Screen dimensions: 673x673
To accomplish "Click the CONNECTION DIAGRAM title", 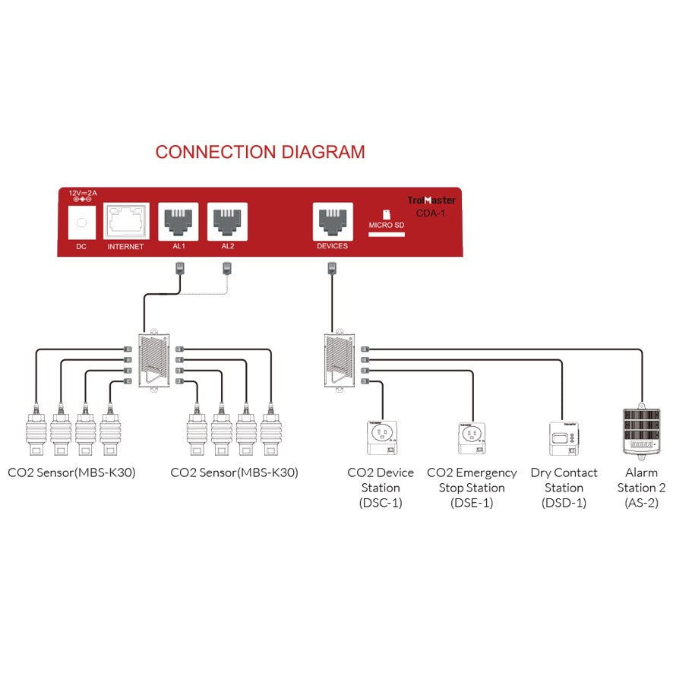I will point(260,152).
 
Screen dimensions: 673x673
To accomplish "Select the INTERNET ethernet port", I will point(125,222).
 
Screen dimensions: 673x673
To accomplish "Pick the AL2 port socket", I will point(228,221).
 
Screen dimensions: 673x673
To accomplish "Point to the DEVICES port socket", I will point(332,221).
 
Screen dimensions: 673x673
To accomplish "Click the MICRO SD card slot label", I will point(387,225).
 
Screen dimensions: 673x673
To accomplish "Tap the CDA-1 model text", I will point(431,213).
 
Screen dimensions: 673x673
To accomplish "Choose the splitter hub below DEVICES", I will point(337,360).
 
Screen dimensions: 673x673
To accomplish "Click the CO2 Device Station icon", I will point(381,439).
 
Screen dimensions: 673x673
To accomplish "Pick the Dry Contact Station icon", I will point(564,438).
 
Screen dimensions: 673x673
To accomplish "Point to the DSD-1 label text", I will point(564,503).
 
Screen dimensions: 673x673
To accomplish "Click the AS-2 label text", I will point(641,503).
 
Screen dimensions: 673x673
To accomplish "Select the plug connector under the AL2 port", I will point(226,267).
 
